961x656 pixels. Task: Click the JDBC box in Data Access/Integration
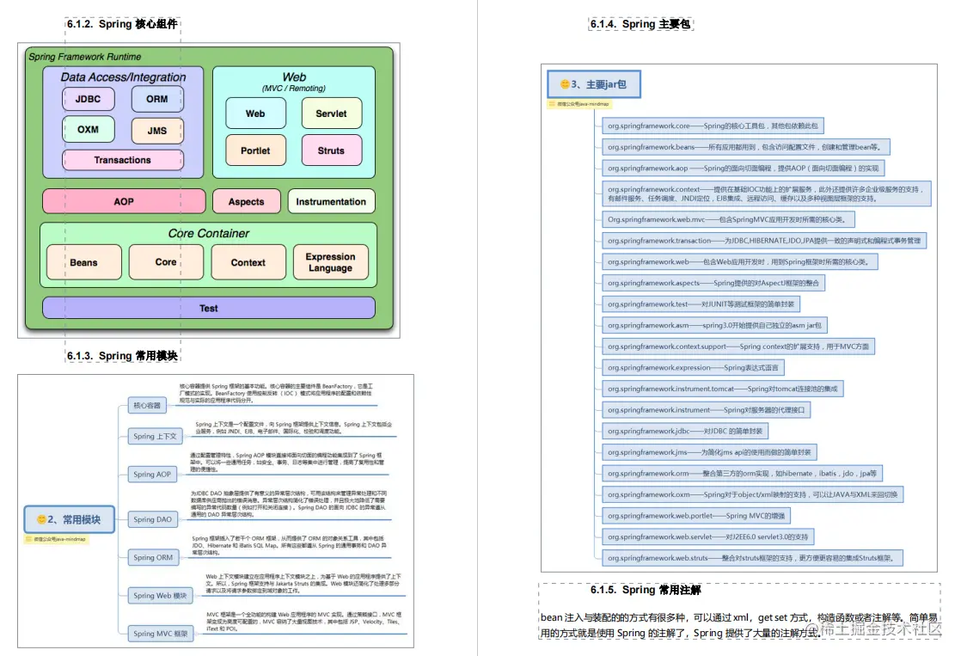point(88,99)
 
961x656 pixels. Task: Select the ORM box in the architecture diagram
point(156,99)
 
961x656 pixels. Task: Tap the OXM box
point(88,130)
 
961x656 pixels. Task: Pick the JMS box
point(156,131)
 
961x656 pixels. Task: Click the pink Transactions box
point(122,160)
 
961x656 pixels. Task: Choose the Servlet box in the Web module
point(331,113)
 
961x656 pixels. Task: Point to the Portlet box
point(255,150)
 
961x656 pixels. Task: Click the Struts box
point(331,150)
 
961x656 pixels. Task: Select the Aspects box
point(246,201)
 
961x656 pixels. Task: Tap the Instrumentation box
point(331,201)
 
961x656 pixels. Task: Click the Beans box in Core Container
point(83,262)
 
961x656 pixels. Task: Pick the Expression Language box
point(330,262)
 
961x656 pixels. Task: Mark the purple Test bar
point(209,308)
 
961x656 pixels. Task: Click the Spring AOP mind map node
point(152,474)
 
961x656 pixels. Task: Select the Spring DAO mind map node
point(152,519)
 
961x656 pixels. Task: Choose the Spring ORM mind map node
point(152,557)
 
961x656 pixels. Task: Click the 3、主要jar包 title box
point(593,84)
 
